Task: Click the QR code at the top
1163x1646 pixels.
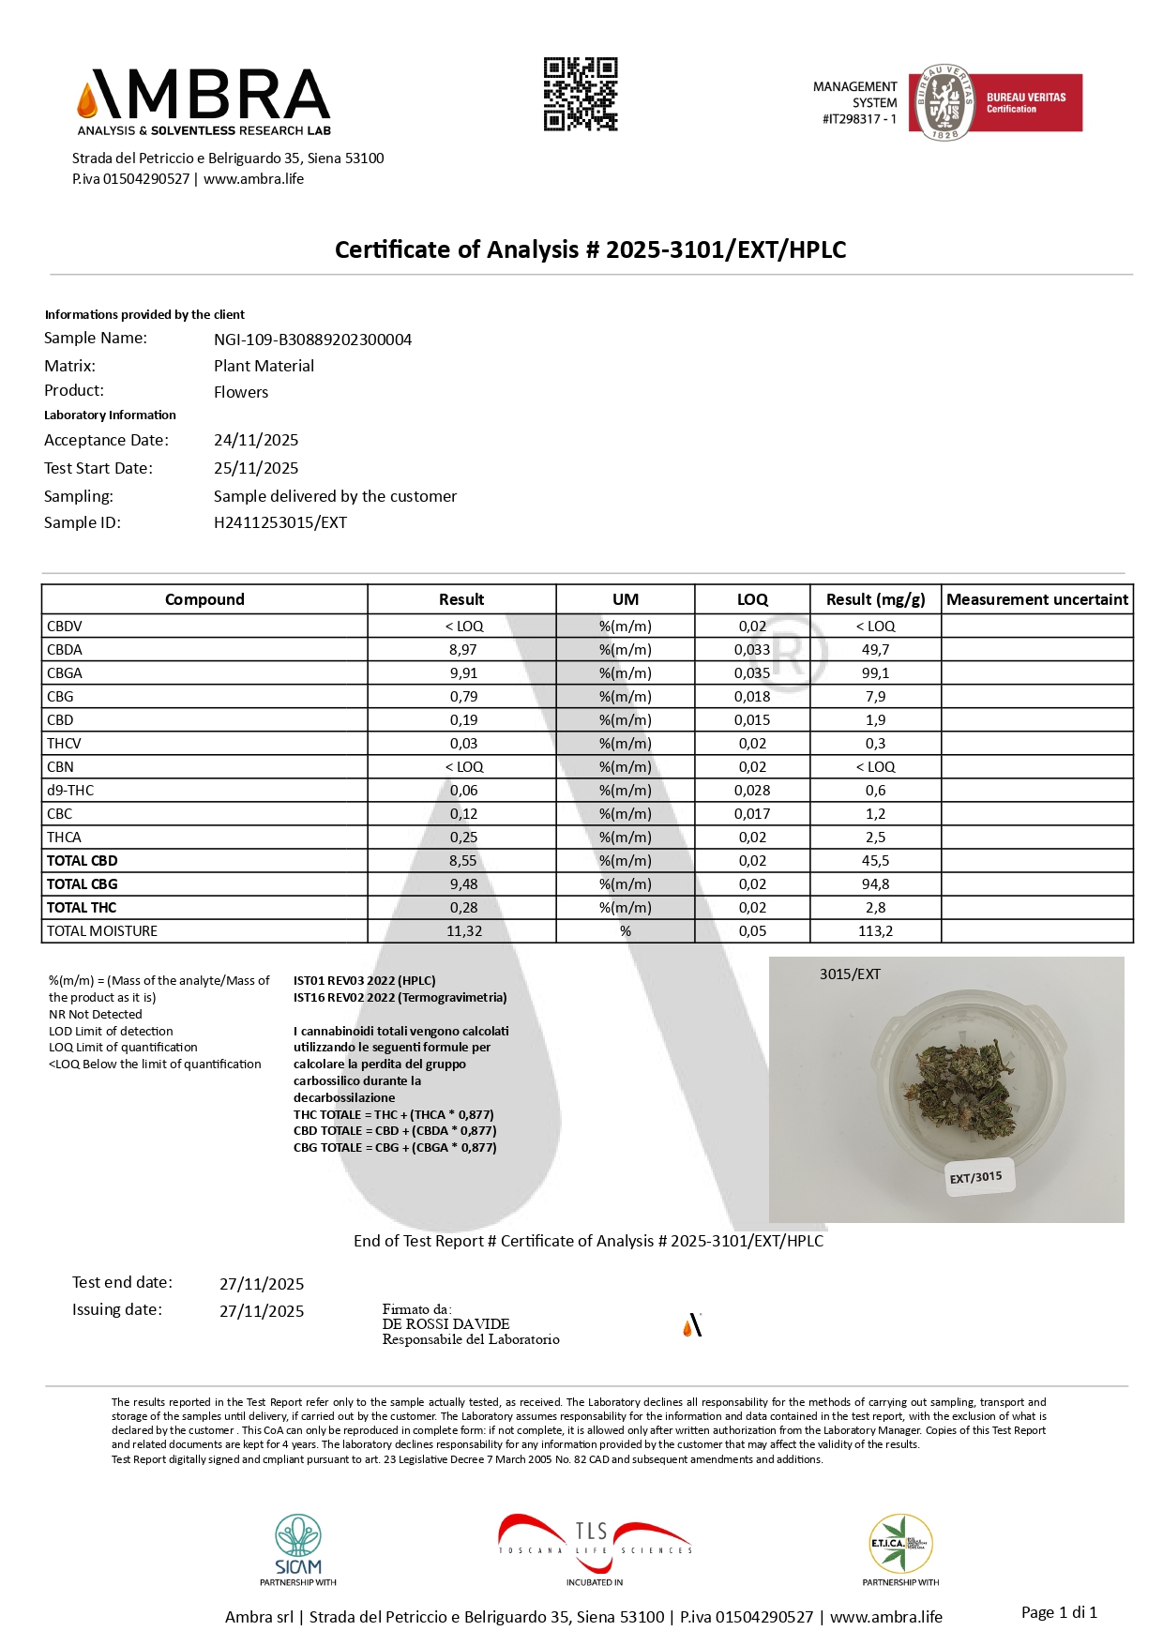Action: [581, 94]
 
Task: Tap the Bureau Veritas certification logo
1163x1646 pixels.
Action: [995, 103]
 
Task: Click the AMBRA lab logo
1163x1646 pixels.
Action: [204, 102]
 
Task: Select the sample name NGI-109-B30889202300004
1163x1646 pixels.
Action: [312, 340]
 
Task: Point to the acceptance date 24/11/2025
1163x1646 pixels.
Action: [256, 440]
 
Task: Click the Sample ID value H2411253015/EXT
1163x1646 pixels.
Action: [280, 522]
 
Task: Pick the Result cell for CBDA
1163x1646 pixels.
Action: [462, 649]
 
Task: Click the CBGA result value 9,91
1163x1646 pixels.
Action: [462, 672]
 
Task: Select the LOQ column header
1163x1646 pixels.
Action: [752, 599]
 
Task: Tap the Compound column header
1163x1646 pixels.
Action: [204, 599]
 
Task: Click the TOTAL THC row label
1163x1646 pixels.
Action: [82, 907]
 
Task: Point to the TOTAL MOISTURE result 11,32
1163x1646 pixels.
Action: [464, 930]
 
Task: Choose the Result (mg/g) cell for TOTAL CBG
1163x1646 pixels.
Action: [875, 883]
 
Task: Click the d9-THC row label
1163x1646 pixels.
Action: [70, 790]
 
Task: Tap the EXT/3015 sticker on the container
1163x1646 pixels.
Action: [975, 1177]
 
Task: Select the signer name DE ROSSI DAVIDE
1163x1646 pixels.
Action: [446, 1323]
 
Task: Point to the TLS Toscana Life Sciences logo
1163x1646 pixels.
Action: [595, 1544]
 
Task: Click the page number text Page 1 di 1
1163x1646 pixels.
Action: [1059, 1612]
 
